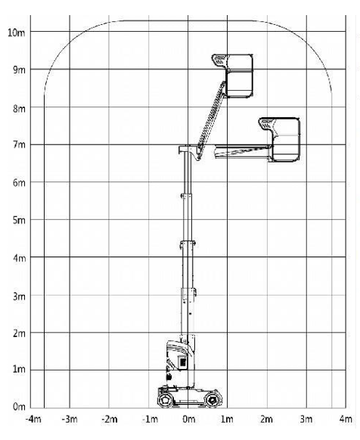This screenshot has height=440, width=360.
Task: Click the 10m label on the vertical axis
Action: click(x=17, y=33)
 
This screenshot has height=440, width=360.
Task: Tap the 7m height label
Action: click(x=19, y=145)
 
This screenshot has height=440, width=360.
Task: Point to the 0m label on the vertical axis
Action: click(x=19, y=406)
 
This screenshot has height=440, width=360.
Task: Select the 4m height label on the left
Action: click(x=19, y=258)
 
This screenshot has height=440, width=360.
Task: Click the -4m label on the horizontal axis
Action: click(x=33, y=420)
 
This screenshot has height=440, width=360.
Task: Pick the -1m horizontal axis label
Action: click(x=151, y=420)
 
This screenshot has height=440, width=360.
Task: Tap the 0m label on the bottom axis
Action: click(x=189, y=420)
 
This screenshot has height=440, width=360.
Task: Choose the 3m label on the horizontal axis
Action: click(x=306, y=420)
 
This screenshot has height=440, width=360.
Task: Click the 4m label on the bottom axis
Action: click(x=346, y=420)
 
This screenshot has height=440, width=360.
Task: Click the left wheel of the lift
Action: click(x=165, y=399)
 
